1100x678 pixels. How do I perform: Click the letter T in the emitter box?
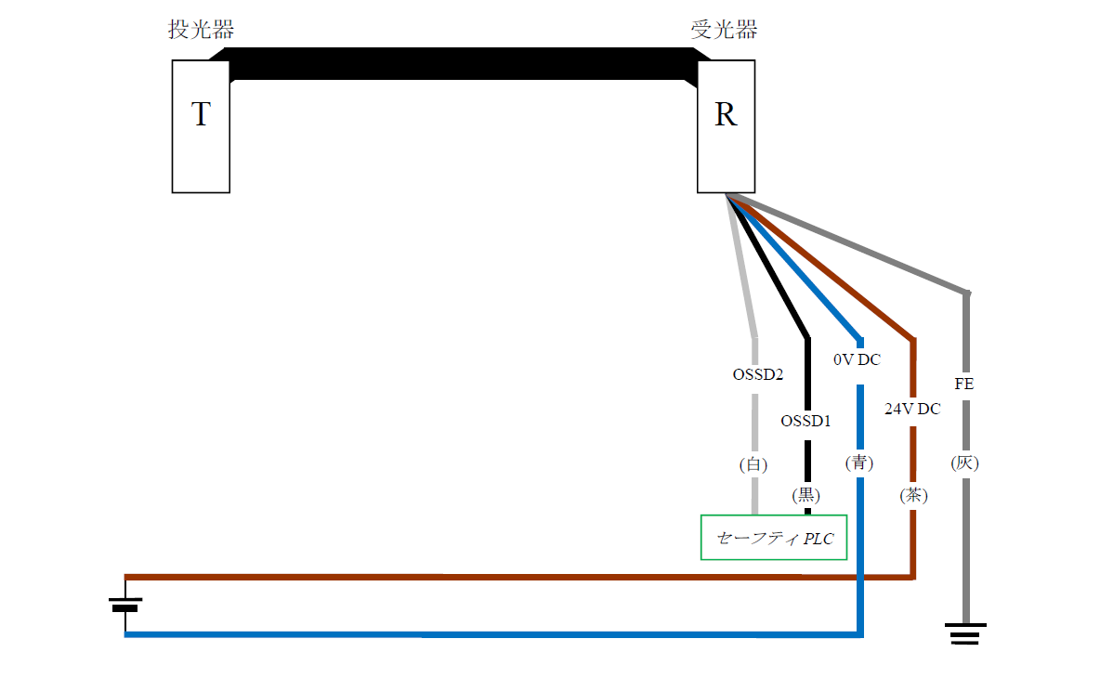(x=201, y=115)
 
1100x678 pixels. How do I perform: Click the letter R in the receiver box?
(x=726, y=115)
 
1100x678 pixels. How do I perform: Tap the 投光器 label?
(x=200, y=30)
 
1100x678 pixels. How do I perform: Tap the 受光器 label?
(x=724, y=30)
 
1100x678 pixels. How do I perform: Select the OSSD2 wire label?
(x=757, y=375)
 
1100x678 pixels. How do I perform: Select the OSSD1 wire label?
(x=805, y=421)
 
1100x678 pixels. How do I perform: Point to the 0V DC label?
(x=857, y=359)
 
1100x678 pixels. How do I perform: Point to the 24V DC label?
(x=911, y=408)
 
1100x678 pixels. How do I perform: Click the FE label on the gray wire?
(x=964, y=383)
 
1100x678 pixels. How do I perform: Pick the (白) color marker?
(x=753, y=464)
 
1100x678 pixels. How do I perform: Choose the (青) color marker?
(x=859, y=463)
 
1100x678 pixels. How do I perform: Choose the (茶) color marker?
(x=913, y=496)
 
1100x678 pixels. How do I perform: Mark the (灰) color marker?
(x=965, y=463)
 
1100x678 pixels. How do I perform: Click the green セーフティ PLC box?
(x=774, y=538)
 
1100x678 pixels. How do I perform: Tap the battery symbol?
(x=125, y=605)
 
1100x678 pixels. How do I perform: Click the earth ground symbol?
(x=966, y=634)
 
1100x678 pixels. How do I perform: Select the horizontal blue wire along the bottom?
(x=465, y=635)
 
